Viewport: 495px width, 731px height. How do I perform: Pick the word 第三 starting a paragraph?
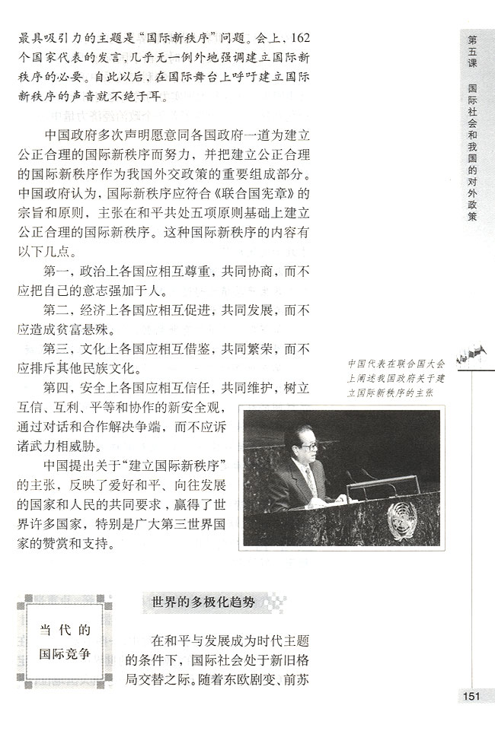(x=58, y=350)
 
